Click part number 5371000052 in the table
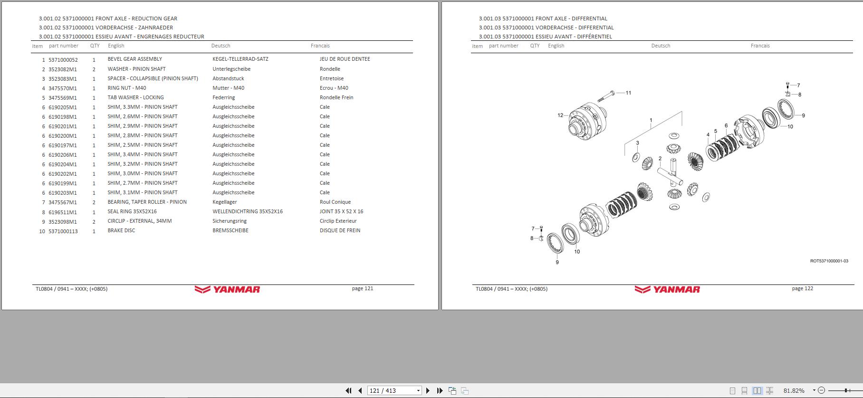click(63, 60)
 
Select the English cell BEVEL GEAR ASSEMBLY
click(134, 59)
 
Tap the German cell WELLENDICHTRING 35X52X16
click(247, 212)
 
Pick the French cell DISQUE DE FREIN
click(340, 231)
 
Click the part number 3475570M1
click(62, 88)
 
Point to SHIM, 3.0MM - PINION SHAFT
click(142, 174)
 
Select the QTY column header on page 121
click(95, 46)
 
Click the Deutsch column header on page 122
click(661, 46)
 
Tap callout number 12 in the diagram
click(560, 115)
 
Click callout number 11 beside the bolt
click(628, 93)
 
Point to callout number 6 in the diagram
click(726, 126)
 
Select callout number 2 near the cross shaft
click(660, 159)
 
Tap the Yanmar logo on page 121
click(227, 289)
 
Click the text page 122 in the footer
click(802, 289)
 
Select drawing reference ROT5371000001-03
click(829, 261)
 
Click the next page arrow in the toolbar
click(428, 390)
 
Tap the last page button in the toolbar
click(440, 390)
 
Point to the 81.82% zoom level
click(794, 390)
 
